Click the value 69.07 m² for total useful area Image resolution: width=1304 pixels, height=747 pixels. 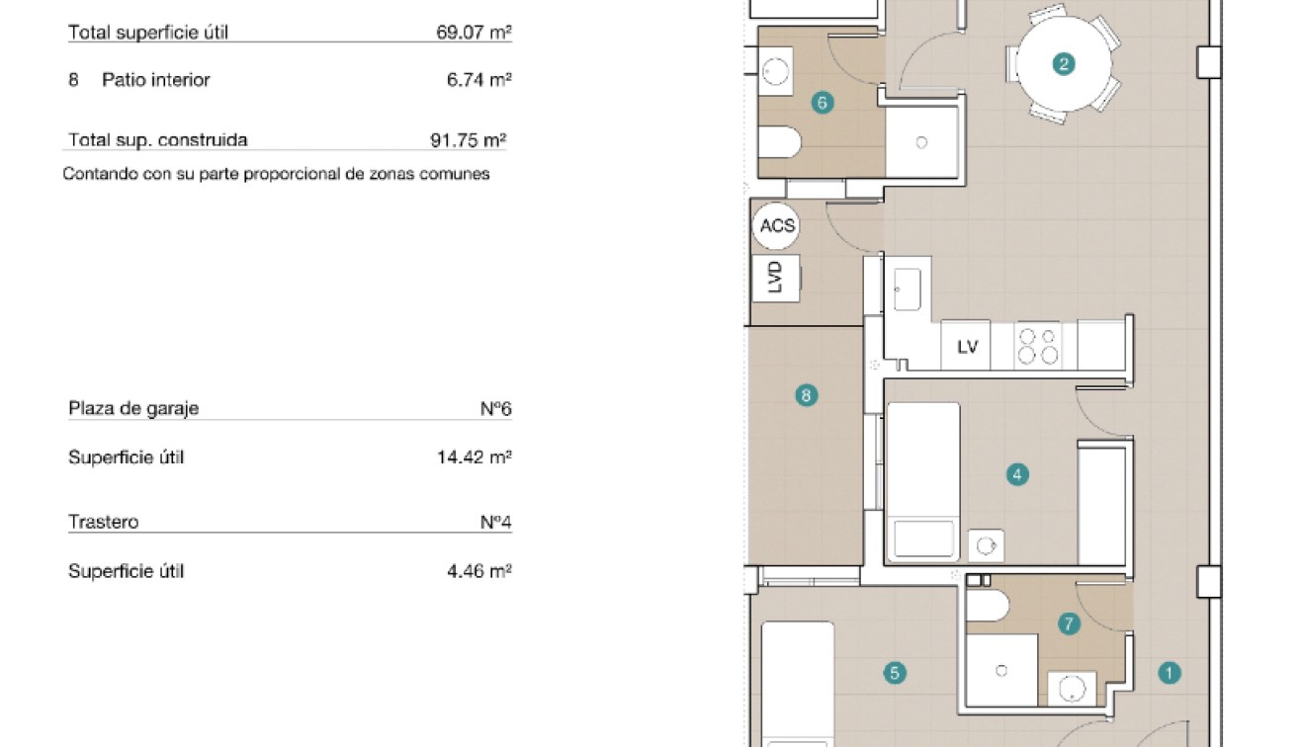coord(473,32)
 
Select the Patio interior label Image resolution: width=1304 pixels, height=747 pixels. coord(155,80)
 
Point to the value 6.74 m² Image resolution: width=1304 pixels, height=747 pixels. coord(478,80)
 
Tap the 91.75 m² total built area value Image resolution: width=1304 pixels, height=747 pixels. coord(468,139)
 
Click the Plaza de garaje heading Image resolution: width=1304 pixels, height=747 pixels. coord(133,408)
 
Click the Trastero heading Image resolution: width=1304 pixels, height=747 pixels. coord(103,522)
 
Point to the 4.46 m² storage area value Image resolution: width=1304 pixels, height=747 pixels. coord(478,571)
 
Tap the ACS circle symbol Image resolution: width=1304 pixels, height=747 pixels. coord(777,225)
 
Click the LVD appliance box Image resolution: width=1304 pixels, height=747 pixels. coord(776,278)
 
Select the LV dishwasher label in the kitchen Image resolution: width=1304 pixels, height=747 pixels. coord(967,347)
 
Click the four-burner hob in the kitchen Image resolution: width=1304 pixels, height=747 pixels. coord(1038,346)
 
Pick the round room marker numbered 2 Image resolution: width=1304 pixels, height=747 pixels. coord(1064,65)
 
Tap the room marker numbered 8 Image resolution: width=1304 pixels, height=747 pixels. coord(807,395)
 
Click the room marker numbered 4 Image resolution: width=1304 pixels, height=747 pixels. coord(1017,474)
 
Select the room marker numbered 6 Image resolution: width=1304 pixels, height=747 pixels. coord(822,102)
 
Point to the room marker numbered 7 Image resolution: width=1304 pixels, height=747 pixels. coord(1068,623)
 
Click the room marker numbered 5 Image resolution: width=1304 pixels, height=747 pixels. coord(894,673)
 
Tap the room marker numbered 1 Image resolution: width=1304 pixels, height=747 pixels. coord(1169,673)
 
